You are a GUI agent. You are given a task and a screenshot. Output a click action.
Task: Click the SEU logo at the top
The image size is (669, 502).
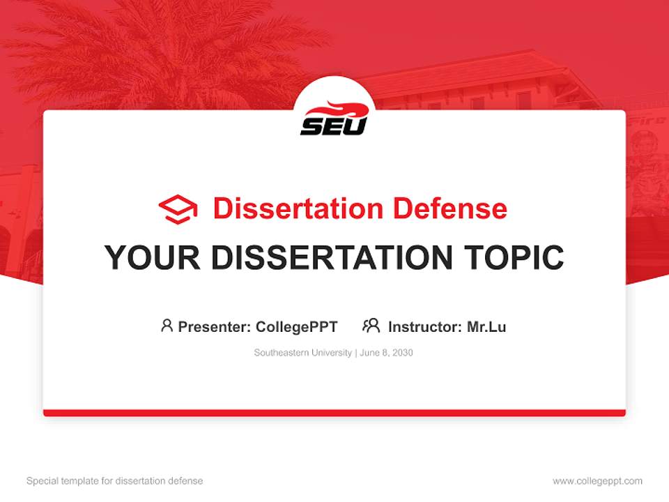(x=334, y=119)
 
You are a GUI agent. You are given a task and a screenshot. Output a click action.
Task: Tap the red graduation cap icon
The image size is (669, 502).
(x=178, y=208)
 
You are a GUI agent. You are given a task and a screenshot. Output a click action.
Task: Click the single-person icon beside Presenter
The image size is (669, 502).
(x=167, y=326)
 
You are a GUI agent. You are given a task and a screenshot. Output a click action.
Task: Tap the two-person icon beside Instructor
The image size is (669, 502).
(x=371, y=326)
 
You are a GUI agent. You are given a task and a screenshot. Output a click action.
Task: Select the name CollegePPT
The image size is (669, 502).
(x=297, y=326)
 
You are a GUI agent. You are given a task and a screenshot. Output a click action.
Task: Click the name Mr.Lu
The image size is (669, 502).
(x=486, y=326)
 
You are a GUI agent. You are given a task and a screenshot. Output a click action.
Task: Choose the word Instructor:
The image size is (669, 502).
(x=425, y=326)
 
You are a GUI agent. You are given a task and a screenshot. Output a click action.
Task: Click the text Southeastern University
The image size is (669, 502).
(x=302, y=353)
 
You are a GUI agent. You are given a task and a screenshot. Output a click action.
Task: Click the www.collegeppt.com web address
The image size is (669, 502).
(x=597, y=481)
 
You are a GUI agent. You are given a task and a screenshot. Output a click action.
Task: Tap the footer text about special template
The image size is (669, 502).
(x=115, y=481)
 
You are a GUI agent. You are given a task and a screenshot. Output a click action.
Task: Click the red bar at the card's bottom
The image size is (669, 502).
(x=334, y=413)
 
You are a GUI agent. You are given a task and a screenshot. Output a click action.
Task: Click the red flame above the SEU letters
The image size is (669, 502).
(x=336, y=109)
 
